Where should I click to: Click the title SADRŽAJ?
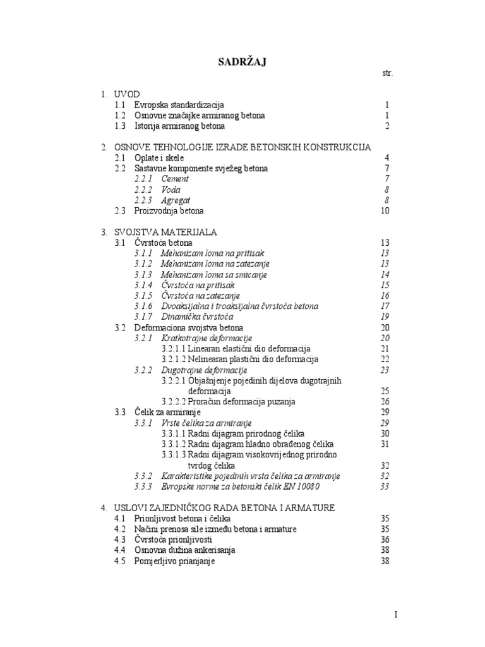242,61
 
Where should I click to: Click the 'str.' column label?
387,74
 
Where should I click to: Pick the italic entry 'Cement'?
175,179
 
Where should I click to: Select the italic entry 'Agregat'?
176,200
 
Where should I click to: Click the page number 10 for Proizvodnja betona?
385,211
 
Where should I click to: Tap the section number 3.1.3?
143,274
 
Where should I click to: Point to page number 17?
385,306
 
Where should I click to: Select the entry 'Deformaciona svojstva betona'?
188,327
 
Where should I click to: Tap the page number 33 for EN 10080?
385,487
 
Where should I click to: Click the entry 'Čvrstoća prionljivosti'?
173,540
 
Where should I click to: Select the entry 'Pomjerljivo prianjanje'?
174,561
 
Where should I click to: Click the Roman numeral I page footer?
396,615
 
